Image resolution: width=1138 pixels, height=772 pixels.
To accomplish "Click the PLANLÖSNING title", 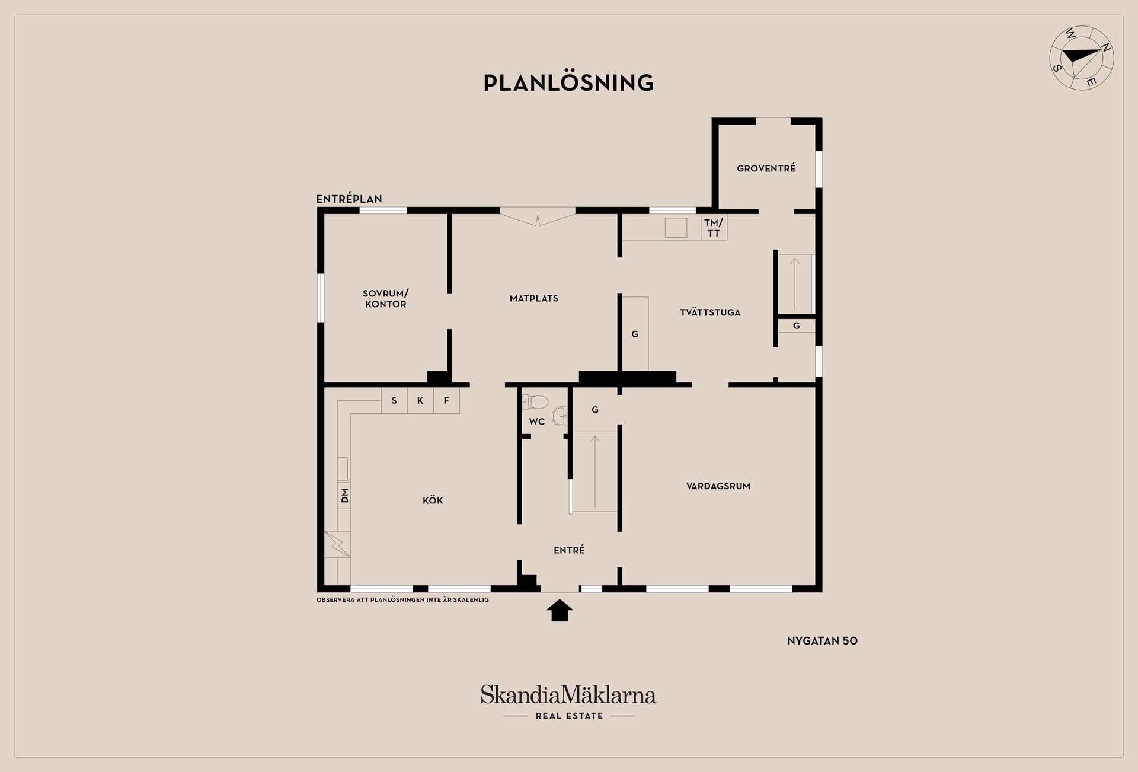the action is tap(568, 82).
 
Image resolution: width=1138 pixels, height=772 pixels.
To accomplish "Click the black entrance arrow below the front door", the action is tap(559, 610).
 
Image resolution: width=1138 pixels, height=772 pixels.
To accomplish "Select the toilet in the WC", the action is tap(535, 402).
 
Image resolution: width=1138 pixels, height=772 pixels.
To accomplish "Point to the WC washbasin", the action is tap(560, 416).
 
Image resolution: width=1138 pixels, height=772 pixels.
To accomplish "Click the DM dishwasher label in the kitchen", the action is tap(344, 495).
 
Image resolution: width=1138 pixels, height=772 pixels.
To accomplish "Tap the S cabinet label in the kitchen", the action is tap(394, 401).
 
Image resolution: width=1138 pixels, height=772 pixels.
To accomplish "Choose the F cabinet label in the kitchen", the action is tap(446, 401).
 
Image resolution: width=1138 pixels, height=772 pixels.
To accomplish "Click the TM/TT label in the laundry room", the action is tap(714, 228).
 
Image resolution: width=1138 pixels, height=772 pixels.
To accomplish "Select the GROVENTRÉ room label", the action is tap(766, 168).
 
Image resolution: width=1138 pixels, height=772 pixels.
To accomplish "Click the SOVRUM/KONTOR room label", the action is tap(386, 299).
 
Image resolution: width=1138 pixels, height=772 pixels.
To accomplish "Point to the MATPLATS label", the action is tap(534, 298).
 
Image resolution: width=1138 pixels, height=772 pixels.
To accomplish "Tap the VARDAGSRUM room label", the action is tap(718, 486).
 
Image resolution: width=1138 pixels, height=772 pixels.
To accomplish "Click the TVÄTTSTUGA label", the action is tap(710, 312).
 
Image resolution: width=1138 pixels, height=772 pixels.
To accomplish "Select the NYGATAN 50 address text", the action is tap(823, 641).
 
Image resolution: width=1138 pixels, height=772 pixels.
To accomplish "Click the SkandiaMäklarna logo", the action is tap(568, 702).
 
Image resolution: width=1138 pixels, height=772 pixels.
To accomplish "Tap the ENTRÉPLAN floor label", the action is tap(349, 199).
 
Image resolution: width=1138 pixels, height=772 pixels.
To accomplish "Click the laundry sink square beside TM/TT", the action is tap(676, 228).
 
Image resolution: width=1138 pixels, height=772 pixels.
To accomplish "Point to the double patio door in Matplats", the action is tap(538, 216).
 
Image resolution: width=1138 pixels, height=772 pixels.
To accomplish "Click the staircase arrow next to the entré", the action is tap(595, 471).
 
